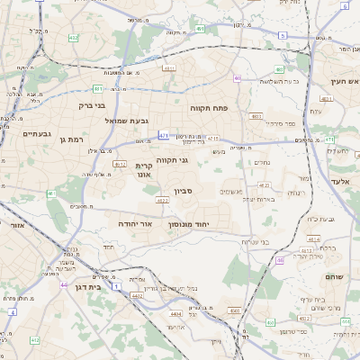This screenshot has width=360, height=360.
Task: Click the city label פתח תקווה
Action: pos(209,108)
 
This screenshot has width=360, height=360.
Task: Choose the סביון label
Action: pos(184,193)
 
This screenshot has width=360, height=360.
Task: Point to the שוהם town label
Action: pos(334,277)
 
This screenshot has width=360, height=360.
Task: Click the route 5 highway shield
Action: pos(282,35)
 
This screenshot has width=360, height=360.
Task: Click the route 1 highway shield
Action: pos(116,286)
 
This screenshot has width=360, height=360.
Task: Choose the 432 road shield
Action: pos(36,340)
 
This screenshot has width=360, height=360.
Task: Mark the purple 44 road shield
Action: pos(64,284)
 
